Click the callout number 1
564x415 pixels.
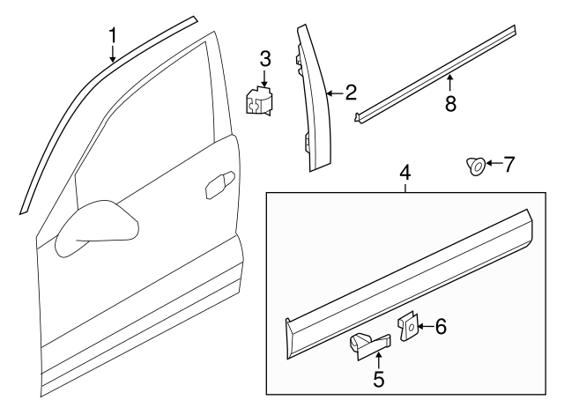point(113,36)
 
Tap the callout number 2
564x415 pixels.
point(351,93)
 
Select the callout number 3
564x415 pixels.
point(265,59)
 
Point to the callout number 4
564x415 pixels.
point(405,173)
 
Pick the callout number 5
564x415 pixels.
point(378,380)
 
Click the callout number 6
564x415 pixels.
point(441,327)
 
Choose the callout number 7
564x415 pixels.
point(508,164)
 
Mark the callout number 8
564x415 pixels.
point(450,104)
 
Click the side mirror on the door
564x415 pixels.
point(97,228)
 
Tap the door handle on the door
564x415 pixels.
point(220,185)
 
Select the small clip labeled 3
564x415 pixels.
point(258,101)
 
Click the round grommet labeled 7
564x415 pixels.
point(476,167)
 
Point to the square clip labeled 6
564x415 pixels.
point(408,327)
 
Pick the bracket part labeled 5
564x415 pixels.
point(369,345)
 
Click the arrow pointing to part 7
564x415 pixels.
point(493,164)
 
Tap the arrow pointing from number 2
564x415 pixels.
point(335,94)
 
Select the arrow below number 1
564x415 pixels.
point(113,54)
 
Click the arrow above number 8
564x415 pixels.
point(450,82)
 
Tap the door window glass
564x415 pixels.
point(144,137)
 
